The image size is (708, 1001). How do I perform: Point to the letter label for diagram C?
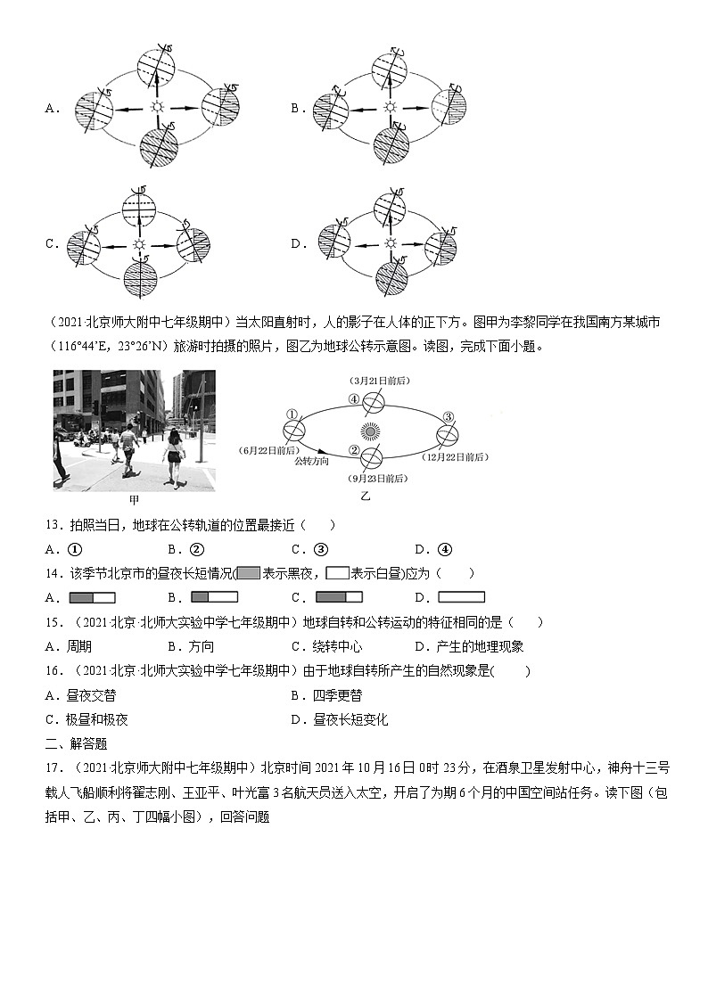click(x=52, y=243)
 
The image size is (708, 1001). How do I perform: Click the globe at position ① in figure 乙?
click(x=293, y=428)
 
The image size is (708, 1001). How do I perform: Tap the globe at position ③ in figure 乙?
click(x=448, y=433)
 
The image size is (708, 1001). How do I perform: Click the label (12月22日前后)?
click(x=457, y=456)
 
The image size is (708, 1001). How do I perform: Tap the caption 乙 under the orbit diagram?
click(x=365, y=496)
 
